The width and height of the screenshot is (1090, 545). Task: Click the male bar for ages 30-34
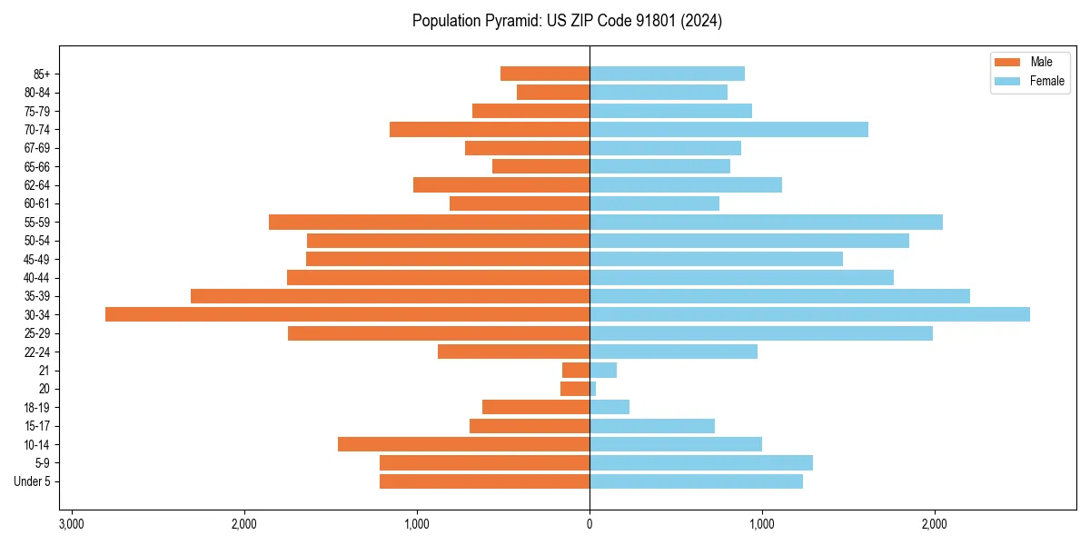point(347,314)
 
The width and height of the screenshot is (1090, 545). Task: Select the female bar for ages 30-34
point(809,314)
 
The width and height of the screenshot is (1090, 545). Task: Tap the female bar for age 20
point(593,389)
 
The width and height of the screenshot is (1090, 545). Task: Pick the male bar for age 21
point(576,371)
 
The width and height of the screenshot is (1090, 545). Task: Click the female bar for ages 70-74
point(728,129)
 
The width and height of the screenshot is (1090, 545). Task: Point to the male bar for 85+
point(545,74)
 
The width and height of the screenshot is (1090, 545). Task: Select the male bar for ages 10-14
point(463,444)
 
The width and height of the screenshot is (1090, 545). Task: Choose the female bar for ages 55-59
point(766,222)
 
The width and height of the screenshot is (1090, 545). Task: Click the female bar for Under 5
point(696,481)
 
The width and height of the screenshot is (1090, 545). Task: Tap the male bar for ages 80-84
point(553,92)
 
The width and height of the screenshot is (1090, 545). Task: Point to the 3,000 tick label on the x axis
point(71,524)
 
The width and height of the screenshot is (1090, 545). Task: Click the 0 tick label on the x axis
point(590,524)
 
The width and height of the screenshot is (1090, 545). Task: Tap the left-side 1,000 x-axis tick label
point(417,524)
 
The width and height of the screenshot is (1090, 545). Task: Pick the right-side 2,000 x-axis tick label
point(935,524)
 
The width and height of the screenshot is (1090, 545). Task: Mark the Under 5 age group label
point(32,481)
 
